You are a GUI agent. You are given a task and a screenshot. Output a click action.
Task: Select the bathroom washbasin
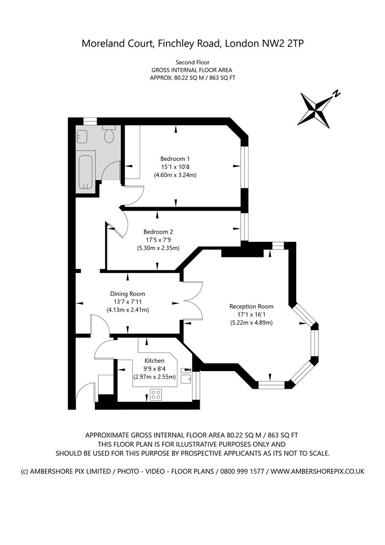point(81,136)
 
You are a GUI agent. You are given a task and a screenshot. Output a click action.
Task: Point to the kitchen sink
point(186,375)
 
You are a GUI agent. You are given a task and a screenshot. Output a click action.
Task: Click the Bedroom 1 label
point(175,159)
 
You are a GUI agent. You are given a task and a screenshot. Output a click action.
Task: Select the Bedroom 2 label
point(158,232)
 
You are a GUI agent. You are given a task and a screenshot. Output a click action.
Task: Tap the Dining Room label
point(128,294)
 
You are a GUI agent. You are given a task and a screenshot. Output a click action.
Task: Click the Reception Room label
point(251,307)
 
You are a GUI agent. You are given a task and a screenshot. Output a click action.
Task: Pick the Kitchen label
point(155,361)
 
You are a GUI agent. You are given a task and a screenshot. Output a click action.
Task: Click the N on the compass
point(336,93)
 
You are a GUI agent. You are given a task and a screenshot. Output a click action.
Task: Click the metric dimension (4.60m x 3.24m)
point(175,175)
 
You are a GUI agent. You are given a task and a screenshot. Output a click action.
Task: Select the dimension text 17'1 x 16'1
point(251,315)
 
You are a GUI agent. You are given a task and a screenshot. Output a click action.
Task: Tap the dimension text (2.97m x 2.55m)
point(155,377)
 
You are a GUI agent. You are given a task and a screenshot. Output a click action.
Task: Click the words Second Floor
point(192,63)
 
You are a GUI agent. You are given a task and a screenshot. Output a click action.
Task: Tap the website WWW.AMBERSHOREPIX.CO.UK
point(318,472)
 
